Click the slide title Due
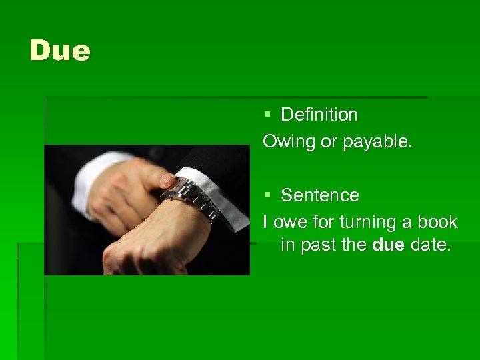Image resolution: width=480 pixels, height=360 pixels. [x=59, y=51]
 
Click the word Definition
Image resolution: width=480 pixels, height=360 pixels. [x=319, y=115]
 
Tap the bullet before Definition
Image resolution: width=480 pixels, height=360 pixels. [x=267, y=115]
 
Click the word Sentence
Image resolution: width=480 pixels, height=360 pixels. [x=319, y=195]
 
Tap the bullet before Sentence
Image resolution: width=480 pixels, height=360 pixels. [x=267, y=195]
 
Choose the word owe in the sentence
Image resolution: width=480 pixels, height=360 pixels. [x=287, y=221]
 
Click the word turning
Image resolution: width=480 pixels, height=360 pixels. [x=366, y=222]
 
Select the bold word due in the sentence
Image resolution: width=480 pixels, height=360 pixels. [x=389, y=245]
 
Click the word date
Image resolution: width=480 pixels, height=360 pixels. [x=430, y=245]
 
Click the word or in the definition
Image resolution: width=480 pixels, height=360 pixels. [x=329, y=142]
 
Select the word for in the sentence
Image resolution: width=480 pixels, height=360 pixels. [x=323, y=221]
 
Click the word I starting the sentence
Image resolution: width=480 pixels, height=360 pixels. [x=265, y=221]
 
